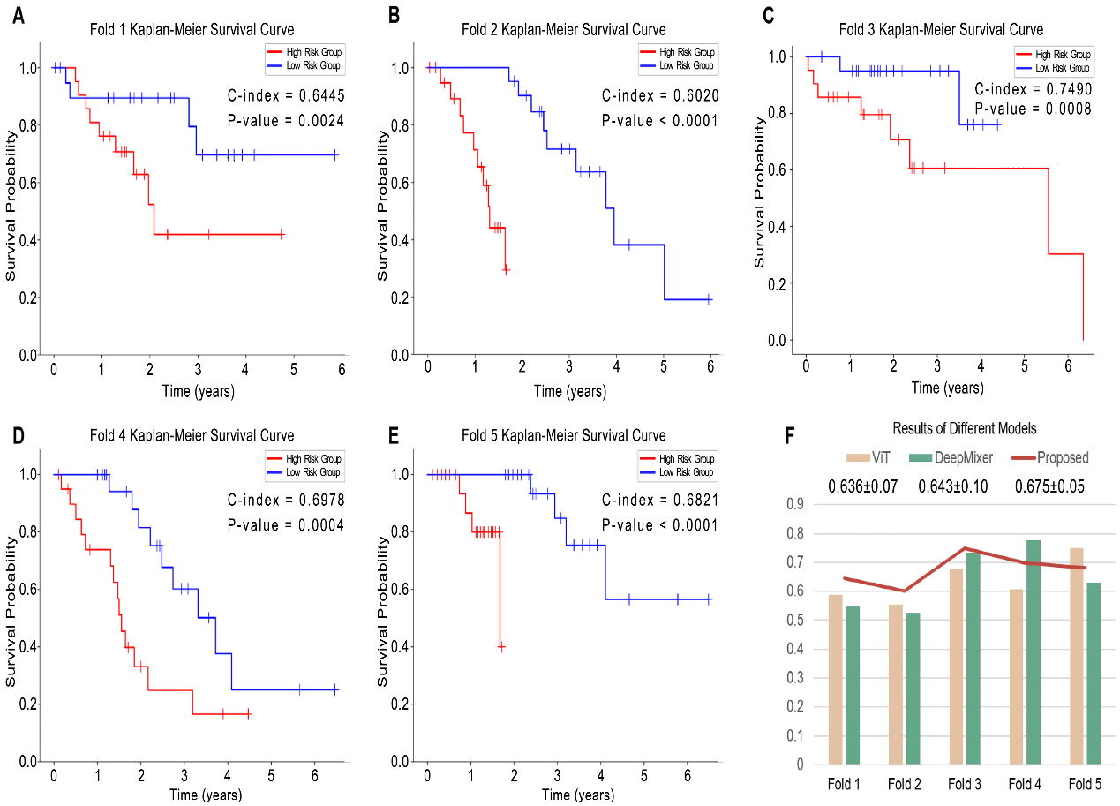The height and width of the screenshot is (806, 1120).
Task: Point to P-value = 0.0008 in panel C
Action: coord(1033,109)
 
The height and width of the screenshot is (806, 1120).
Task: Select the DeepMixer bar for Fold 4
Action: coord(1034,652)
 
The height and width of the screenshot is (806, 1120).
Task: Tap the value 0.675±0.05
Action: coord(1049,486)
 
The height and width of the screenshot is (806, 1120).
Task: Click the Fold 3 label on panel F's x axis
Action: coord(965,784)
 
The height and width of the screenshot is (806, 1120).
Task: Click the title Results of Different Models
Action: coord(964,428)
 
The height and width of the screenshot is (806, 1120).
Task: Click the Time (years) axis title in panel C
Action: coord(947,388)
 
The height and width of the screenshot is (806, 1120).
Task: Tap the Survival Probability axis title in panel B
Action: coord(383,206)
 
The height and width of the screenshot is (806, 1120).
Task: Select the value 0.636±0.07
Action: coord(861,486)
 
